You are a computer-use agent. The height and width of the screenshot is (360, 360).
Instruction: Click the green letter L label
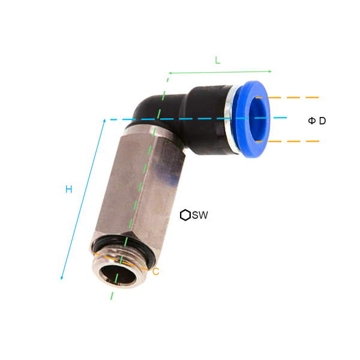click(217, 60)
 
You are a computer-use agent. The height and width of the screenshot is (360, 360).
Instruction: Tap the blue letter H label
click(68, 189)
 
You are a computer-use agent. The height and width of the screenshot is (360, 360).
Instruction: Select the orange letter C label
click(155, 272)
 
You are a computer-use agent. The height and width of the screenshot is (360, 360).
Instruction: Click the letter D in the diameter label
click(322, 121)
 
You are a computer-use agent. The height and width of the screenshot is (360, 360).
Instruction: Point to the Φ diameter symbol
click(312, 121)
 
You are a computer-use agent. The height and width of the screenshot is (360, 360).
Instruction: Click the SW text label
click(200, 215)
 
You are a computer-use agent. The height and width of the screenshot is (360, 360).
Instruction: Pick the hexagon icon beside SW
click(185, 215)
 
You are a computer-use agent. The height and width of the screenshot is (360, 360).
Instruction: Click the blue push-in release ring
click(251, 119)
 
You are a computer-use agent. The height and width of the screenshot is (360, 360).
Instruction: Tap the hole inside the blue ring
click(259, 119)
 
